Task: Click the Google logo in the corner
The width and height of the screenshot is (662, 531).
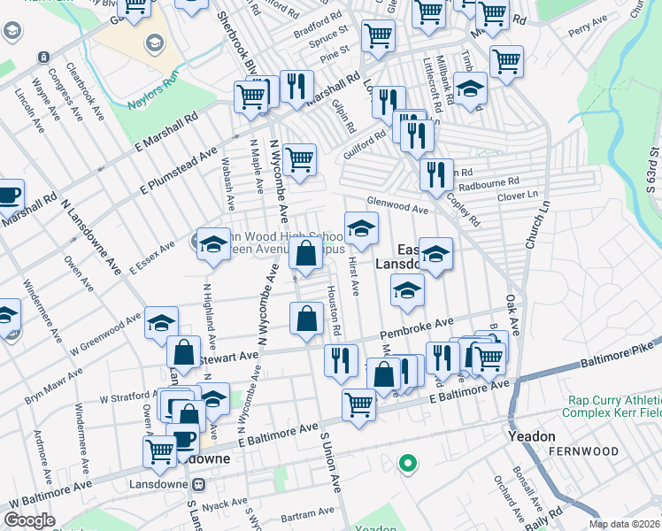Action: tap(29, 520)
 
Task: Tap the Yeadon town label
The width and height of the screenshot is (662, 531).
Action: tap(531, 436)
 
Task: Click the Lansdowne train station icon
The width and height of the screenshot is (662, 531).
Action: tap(199, 484)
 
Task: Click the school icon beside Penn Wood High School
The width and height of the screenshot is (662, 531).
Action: tap(212, 245)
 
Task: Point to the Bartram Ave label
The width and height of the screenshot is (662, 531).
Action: tap(304, 515)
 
